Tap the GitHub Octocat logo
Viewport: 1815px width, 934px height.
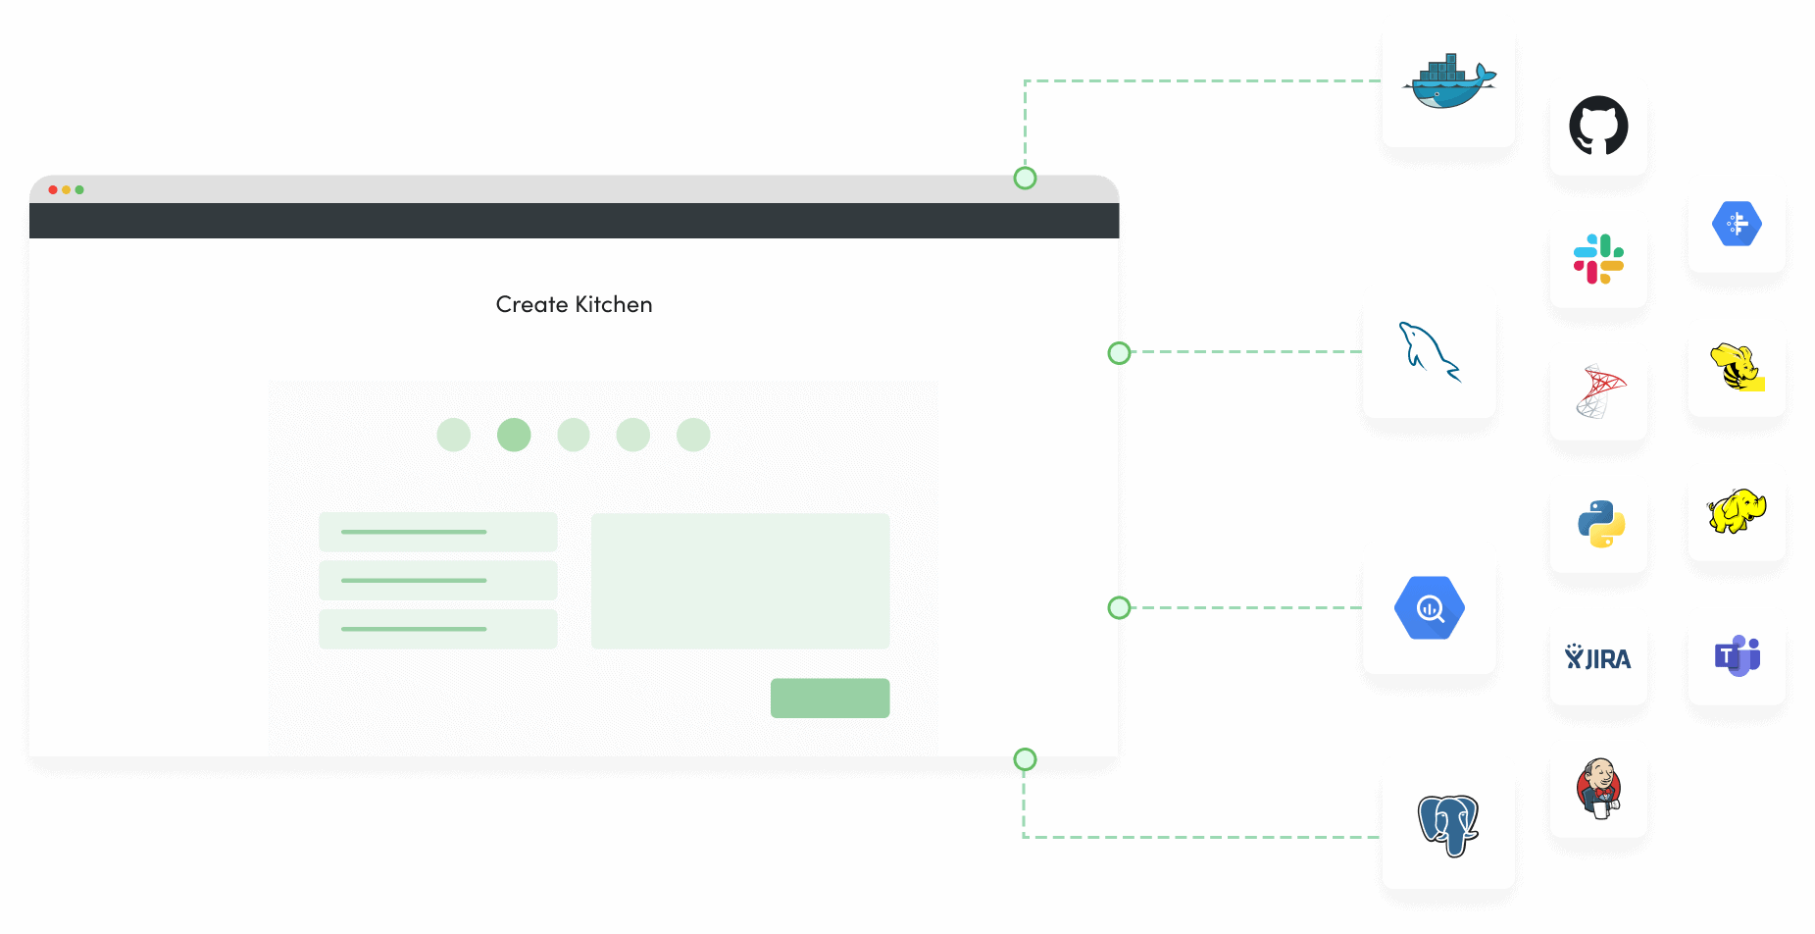pyautogui.click(x=1598, y=125)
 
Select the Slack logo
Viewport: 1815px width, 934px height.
pyautogui.click(x=1598, y=259)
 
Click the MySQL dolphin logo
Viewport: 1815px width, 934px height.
pyautogui.click(x=1430, y=351)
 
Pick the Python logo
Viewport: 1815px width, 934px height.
pyautogui.click(x=1601, y=524)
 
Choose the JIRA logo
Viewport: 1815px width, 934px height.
pyautogui.click(x=1598, y=657)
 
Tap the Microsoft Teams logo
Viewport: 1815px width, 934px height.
pyautogui.click(x=1738, y=655)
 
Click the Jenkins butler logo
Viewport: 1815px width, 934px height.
pyautogui.click(x=1599, y=789)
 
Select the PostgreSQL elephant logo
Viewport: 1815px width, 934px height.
pyautogui.click(x=1448, y=825)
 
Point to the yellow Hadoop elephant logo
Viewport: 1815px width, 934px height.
pyautogui.click(x=1737, y=511)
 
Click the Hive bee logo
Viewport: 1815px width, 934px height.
pyautogui.click(x=1738, y=367)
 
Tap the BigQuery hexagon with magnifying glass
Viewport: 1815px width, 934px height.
pyautogui.click(x=1430, y=608)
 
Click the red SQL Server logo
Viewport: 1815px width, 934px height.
pyautogui.click(x=1600, y=390)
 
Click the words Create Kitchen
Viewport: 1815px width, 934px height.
pyautogui.click(x=574, y=304)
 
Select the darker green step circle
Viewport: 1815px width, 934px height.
pyautogui.click(x=514, y=435)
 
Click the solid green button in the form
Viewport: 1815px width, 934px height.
pyautogui.click(x=830, y=699)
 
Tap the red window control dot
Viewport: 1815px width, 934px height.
pyautogui.click(x=53, y=189)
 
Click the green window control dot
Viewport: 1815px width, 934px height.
pyautogui.click(x=79, y=189)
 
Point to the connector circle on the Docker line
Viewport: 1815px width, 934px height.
pyautogui.click(x=1025, y=178)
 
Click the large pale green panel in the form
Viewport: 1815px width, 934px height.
pyautogui.click(x=740, y=581)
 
